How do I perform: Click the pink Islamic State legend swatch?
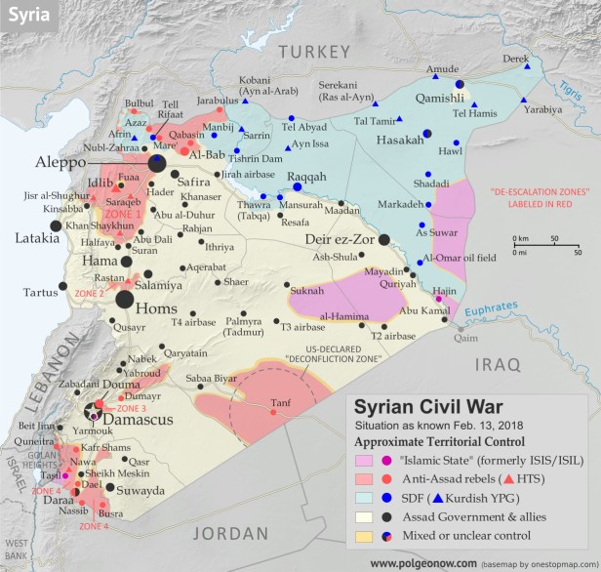pyautogui.click(x=363, y=461)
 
